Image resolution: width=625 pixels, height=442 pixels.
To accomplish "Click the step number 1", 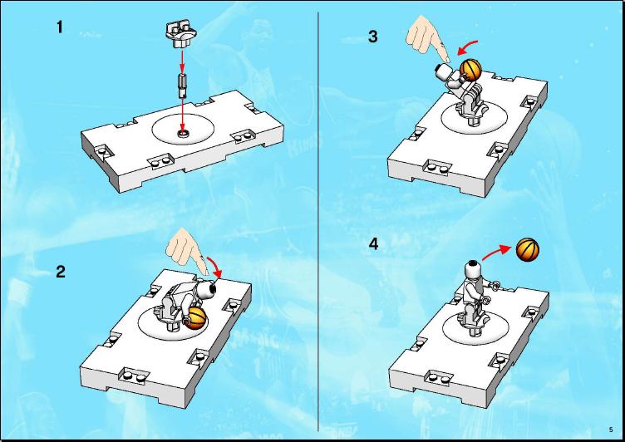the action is [x=60, y=27].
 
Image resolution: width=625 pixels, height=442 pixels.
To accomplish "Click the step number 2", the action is [x=61, y=272].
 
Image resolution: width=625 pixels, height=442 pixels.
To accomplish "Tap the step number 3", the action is [x=372, y=37].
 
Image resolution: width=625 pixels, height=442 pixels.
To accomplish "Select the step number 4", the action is [x=373, y=244].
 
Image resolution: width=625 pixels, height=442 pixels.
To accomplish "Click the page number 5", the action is [x=611, y=430].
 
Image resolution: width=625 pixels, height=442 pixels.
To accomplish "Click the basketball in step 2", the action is [x=195, y=318].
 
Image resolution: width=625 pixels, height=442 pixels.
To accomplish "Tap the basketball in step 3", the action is [x=470, y=70].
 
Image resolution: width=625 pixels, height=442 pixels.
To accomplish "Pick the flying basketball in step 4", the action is [x=527, y=250].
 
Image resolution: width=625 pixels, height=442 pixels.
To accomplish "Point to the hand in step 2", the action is [x=187, y=250].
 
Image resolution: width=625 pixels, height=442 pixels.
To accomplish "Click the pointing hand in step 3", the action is [x=429, y=39].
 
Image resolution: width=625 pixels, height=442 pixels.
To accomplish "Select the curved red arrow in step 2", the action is [x=214, y=266].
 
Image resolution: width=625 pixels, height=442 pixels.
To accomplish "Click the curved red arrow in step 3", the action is [x=467, y=47].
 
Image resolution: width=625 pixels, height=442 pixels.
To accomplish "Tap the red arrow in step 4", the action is [x=496, y=253].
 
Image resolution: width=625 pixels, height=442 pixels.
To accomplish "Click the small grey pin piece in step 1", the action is [x=183, y=86].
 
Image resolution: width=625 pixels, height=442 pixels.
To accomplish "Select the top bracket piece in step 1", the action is [x=180, y=34].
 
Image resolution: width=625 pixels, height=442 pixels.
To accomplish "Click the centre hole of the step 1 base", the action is [x=184, y=133].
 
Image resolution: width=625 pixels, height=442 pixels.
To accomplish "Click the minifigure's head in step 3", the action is [x=444, y=72].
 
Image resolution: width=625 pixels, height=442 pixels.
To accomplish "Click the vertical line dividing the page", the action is [x=318, y=221].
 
